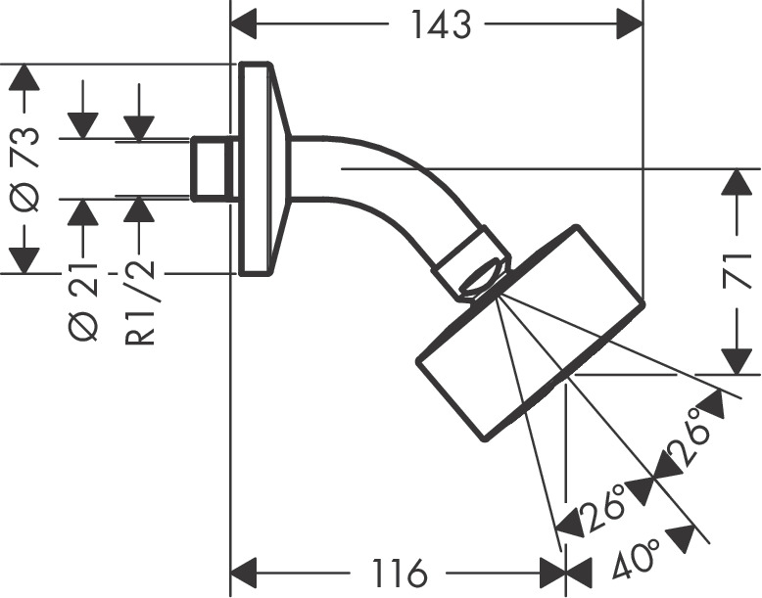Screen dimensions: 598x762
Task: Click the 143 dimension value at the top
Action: coord(441,23)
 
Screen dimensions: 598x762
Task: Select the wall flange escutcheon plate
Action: coord(259,169)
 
